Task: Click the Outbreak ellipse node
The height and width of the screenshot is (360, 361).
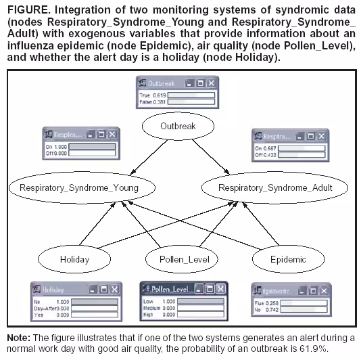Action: pos(178,127)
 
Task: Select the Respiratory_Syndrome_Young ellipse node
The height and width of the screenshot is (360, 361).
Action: pos(79,187)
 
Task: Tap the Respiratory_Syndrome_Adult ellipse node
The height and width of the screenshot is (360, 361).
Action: pos(275,187)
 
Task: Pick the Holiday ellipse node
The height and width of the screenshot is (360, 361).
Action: pos(74,259)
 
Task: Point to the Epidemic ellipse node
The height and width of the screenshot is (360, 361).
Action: pos(288,259)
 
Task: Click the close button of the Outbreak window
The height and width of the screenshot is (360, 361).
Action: pos(211,83)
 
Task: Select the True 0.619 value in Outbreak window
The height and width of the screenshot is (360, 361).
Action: pos(148,95)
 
